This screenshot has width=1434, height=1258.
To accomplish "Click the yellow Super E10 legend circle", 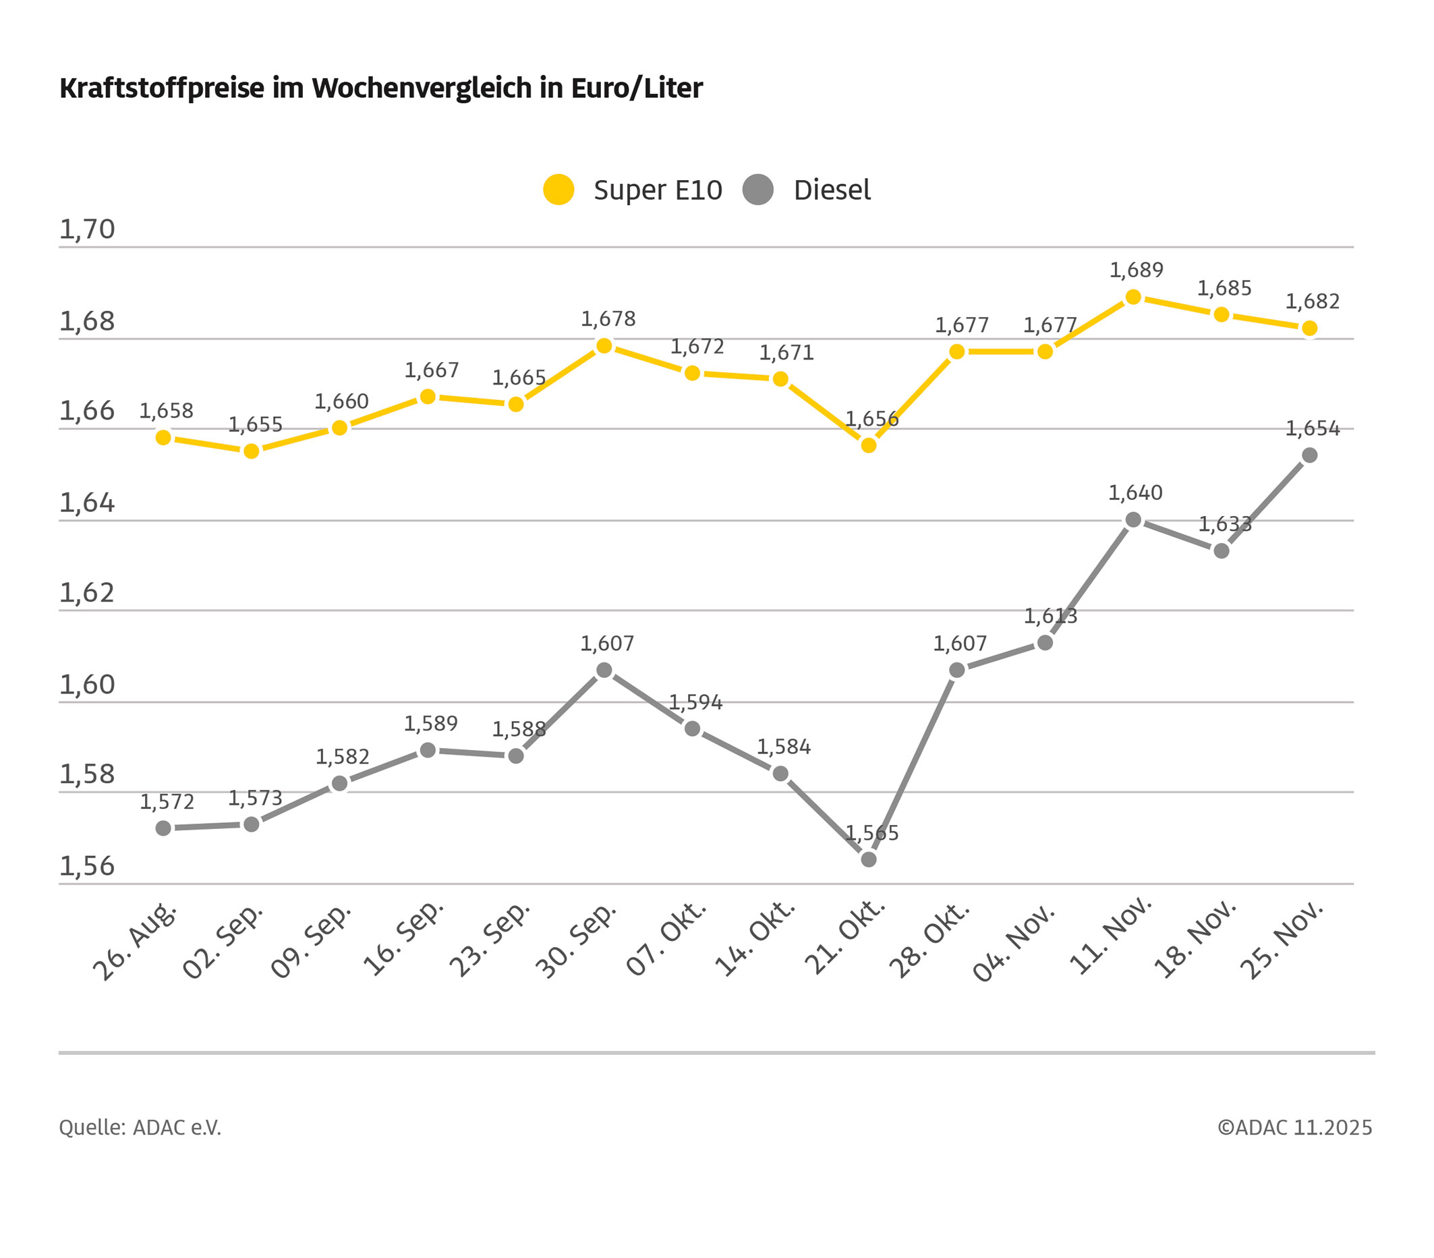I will tap(558, 190).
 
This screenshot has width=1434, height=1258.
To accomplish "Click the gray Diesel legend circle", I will tap(757, 190).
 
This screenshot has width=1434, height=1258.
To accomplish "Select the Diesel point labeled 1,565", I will tap(869, 859).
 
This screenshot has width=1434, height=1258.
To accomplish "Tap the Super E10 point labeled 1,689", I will tap(1133, 297).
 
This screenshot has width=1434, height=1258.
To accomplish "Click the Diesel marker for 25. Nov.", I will tap(1309, 455).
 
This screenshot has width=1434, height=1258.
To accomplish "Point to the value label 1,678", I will tap(608, 319).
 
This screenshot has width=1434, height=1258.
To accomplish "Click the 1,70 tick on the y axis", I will tap(86, 229).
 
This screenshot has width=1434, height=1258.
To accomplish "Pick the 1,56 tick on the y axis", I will tap(86, 867).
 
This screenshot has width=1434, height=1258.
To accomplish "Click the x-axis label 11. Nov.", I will tap(1111, 938).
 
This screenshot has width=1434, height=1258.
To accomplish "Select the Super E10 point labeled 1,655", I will tap(251, 451).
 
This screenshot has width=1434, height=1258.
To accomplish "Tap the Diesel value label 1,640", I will tap(1135, 493).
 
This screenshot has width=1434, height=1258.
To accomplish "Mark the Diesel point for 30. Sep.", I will tap(604, 670).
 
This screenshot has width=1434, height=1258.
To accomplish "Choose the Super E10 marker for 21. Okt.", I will tap(869, 445).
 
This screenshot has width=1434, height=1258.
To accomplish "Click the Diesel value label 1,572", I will tap(167, 802).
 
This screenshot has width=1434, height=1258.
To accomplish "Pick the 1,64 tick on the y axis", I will tap(86, 503).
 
